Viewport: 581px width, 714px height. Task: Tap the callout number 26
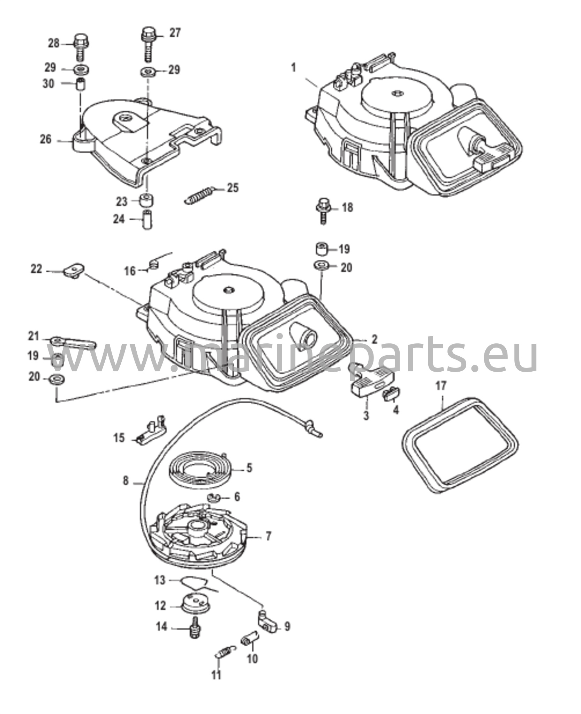46,139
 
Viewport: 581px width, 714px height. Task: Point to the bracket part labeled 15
151,431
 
